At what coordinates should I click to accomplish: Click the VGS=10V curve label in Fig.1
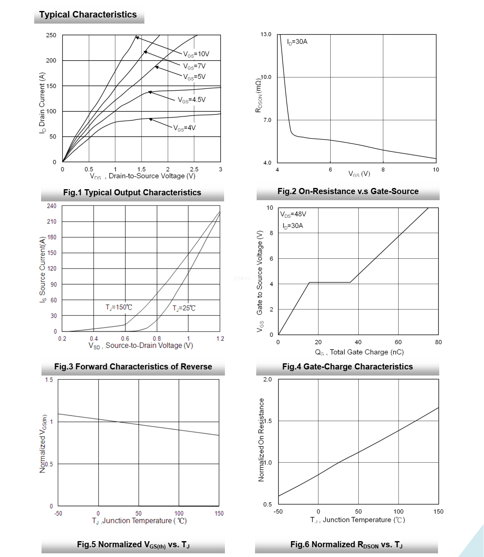point(196,54)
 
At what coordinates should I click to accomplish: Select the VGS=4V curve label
point(184,128)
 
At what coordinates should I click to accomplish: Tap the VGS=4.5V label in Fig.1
point(192,100)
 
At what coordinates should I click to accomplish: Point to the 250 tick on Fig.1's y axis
point(51,35)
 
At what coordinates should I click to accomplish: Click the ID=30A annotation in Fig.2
point(297,42)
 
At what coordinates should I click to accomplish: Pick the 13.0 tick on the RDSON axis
point(266,34)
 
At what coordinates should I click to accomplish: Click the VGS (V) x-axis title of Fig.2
point(359,174)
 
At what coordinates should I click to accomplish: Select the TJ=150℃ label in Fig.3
point(119,307)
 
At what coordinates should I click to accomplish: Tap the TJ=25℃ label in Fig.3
point(184,308)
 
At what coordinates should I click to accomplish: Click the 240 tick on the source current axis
point(52,206)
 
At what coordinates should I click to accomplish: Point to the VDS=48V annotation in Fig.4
point(293,214)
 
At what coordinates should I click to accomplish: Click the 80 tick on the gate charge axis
point(438,342)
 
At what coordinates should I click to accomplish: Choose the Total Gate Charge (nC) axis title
point(359,352)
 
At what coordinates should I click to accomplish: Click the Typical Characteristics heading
point(88,15)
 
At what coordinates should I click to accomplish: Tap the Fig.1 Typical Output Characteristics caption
point(132,192)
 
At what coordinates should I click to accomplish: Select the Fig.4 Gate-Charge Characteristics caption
point(347,367)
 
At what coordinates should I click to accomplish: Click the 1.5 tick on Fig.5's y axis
point(49,380)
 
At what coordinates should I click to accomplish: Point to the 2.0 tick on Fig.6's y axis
point(268,380)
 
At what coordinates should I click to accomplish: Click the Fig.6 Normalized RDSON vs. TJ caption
point(347,545)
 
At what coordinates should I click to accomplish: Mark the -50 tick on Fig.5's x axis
point(58,513)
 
